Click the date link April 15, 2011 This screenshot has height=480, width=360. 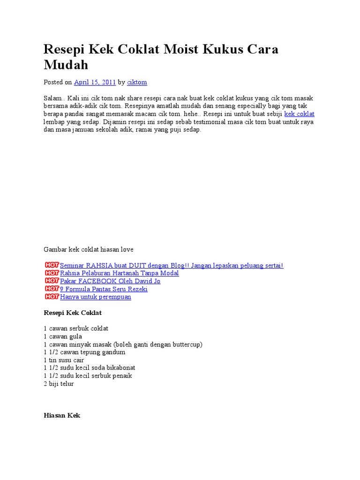95,82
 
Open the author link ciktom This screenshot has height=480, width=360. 137,82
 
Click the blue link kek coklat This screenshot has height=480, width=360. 299,114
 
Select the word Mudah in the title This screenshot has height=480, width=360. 66,65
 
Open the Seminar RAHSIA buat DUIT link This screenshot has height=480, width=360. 172,265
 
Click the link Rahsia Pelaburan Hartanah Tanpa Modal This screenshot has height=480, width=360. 120,273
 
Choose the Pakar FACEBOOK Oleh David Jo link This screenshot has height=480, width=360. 110,281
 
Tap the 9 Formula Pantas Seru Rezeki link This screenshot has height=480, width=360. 104,289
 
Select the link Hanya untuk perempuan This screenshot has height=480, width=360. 96,297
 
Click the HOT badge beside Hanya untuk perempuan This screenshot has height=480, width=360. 52,297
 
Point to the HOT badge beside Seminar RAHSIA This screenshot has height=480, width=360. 52,265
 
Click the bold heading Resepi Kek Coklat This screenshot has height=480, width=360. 73,313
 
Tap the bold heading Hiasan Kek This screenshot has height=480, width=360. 62,416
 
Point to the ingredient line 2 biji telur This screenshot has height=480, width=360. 59,384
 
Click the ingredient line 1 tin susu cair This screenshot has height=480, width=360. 64,360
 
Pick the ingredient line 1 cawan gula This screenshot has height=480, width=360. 63,337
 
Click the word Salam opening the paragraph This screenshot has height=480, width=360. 52,98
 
